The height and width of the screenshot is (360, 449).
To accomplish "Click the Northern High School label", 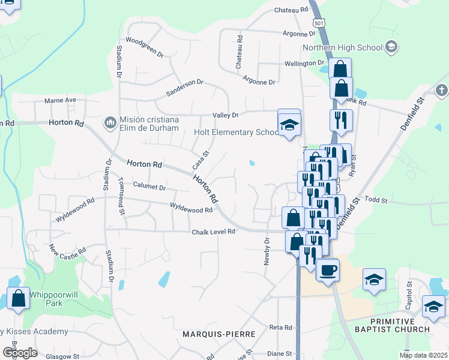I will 342,47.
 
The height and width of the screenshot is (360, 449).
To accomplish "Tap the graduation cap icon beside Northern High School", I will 391,47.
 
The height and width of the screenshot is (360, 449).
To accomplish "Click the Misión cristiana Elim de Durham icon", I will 110,123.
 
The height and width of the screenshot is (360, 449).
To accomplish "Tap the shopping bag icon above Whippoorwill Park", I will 18,298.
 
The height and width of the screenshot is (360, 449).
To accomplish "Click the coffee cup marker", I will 327,271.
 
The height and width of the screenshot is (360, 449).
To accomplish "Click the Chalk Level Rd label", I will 212,232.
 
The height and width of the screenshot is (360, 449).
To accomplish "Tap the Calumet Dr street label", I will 149,187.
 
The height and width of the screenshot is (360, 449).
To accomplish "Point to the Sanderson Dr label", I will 185,89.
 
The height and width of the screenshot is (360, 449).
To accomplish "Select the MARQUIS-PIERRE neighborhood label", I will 220,334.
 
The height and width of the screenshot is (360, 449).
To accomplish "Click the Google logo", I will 19,353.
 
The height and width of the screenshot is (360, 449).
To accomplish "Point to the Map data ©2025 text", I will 423,355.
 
